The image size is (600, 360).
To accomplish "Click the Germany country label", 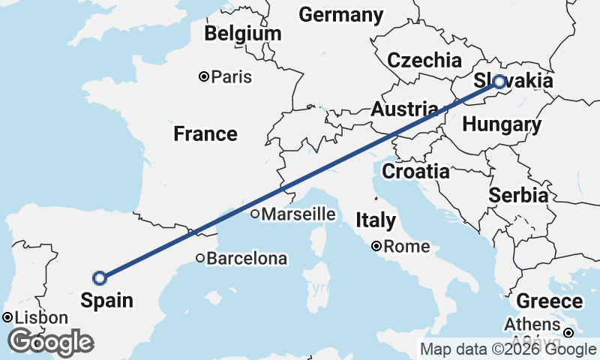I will (x=340, y=15).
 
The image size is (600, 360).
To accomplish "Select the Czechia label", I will (x=424, y=61).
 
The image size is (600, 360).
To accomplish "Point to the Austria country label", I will (x=404, y=109).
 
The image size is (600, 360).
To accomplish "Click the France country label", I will (x=205, y=134).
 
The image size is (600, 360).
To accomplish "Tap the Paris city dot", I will (x=203, y=76).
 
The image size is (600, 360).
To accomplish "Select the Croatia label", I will (x=415, y=172).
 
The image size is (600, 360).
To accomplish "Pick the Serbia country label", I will (x=517, y=196).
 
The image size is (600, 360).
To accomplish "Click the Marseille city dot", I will (x=255, y=214).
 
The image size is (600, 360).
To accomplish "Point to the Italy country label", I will (x=375, y=221).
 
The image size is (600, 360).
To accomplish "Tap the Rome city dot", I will (x=376, y=246).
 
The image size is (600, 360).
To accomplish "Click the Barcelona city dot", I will (x=199, y=259).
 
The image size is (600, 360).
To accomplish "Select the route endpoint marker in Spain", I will (x=99, y=278).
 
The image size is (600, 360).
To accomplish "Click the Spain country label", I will (x=107, y=301).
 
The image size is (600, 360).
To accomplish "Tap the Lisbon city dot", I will (x=7, y=317).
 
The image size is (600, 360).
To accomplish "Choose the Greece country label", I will (x=550, y=302).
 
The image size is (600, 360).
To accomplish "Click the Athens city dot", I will (x=568, y=332).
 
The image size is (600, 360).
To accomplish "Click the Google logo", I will (x=49, y=342).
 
